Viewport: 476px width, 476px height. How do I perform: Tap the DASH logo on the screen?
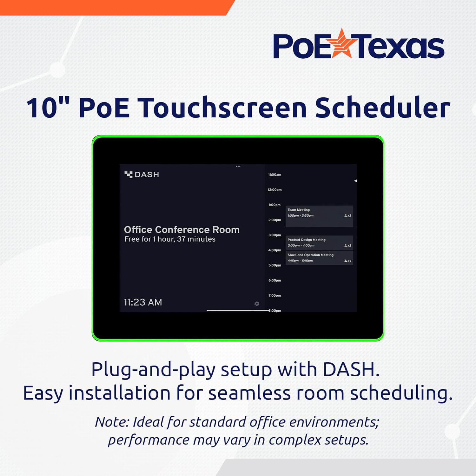coord(142,175)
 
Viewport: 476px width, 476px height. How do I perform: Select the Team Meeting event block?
coord(319,216)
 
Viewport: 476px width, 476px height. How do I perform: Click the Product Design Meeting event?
coord(319,242)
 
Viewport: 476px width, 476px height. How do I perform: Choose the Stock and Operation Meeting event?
coord(319,258)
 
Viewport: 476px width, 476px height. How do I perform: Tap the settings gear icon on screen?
coord(257,304)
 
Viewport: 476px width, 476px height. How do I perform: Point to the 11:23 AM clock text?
coord(143,302)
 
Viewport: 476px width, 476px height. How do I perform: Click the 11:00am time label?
coord(274,175)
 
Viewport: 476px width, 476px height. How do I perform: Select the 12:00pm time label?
coord(274,190)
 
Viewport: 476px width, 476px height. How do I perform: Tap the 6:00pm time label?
coord(274,281)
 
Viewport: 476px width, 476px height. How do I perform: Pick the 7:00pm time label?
coord(274,295)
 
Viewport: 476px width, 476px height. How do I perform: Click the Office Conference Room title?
coord(182,229)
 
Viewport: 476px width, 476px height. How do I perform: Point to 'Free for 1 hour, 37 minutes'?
coord(170,239)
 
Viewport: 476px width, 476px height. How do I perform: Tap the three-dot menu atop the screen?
coord(238,166)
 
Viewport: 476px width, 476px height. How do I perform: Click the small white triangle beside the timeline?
coord(355,181)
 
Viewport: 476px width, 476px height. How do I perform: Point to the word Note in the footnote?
coord(112,422)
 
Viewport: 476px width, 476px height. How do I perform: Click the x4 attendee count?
coord(348,261)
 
